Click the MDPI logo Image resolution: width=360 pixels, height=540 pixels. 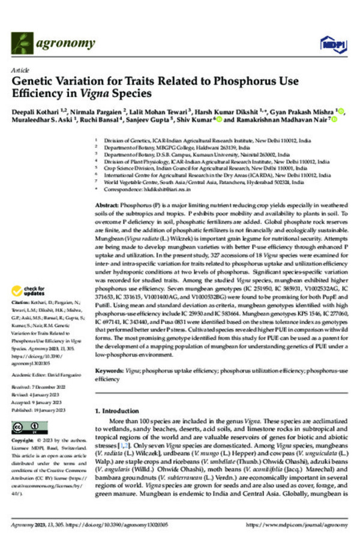(329, 44)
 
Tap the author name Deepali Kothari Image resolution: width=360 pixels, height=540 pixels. (41, 113)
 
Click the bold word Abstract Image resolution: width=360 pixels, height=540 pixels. (107, 205)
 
